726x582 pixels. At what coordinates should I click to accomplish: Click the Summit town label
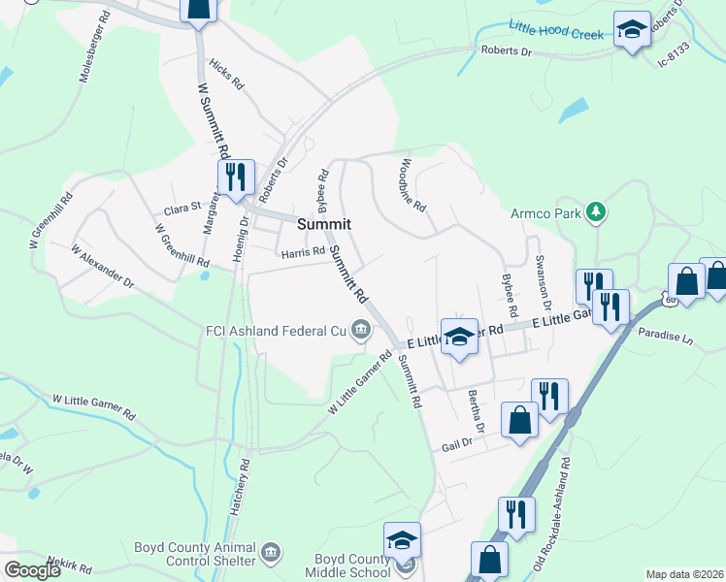click(x=323, y=223)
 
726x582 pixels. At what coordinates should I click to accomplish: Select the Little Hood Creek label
click(x=558, y=29)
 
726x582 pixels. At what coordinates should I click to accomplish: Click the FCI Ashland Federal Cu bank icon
click(x=360, y=331)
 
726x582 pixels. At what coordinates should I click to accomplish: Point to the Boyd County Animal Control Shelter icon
click(x=271, y=553)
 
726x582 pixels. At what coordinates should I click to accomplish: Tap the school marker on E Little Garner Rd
click(x=459, y=338)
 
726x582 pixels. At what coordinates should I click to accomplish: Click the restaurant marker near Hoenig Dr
click(x=236, y=178)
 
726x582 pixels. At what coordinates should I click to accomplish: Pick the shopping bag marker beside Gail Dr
click(x=519, y=421)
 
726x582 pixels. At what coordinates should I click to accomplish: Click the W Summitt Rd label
click(x=213, y=121)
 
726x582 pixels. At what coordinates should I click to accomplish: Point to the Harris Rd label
click(x=302, y=253)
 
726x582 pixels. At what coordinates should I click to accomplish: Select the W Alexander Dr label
click(x=102, y=266)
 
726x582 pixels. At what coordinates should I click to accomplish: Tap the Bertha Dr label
click(x=476, y=412)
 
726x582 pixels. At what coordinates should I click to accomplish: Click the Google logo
click(x=32, y=570)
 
